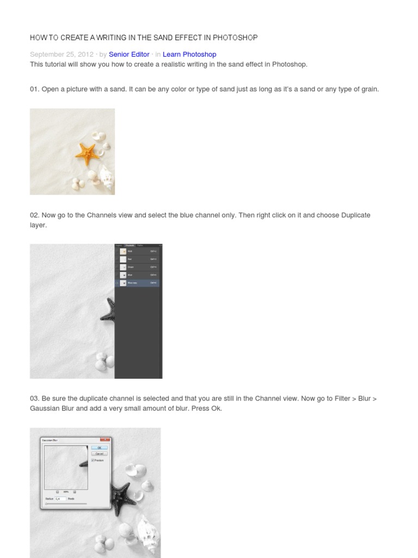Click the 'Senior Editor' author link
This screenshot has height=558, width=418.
point(129,54)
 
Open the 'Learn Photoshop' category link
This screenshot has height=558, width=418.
point(189,54)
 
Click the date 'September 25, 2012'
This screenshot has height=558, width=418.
point(62,54)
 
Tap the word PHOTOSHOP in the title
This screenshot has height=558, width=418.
point(236,38)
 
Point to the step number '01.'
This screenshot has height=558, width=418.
point(35,89)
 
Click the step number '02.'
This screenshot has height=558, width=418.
point(35,215)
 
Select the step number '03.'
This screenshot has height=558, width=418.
point(35,398)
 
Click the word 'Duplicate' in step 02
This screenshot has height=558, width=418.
point(356,215)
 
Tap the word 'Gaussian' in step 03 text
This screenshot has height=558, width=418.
point(45,408)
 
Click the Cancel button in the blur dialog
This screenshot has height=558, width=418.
point(100,453)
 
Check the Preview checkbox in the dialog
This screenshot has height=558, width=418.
point(93,460)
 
